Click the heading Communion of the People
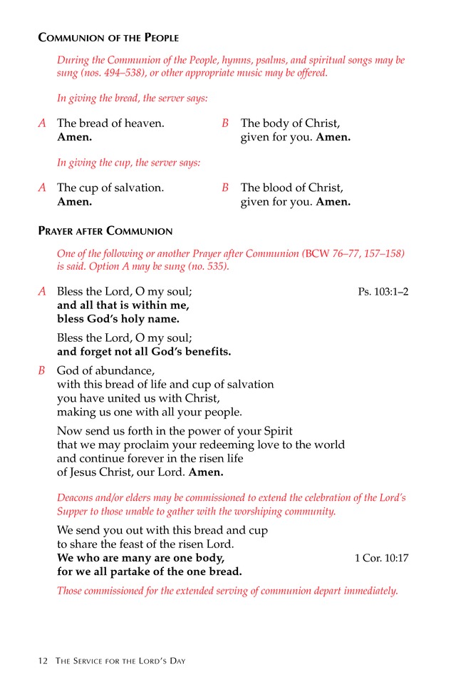pos(108,37)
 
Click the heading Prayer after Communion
pos(105,231)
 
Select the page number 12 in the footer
pos(43,661)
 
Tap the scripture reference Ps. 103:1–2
pos(383,291)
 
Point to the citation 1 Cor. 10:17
pos(381,558)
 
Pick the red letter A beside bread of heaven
pos(42,123)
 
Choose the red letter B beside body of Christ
pos(225,123)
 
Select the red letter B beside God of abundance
pos(42,370)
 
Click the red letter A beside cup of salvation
pos(42,188)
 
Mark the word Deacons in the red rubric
pos(76,497)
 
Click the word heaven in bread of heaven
pos(145,123)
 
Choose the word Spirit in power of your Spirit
pos(275,431)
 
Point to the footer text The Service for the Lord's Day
pos(120,661)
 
